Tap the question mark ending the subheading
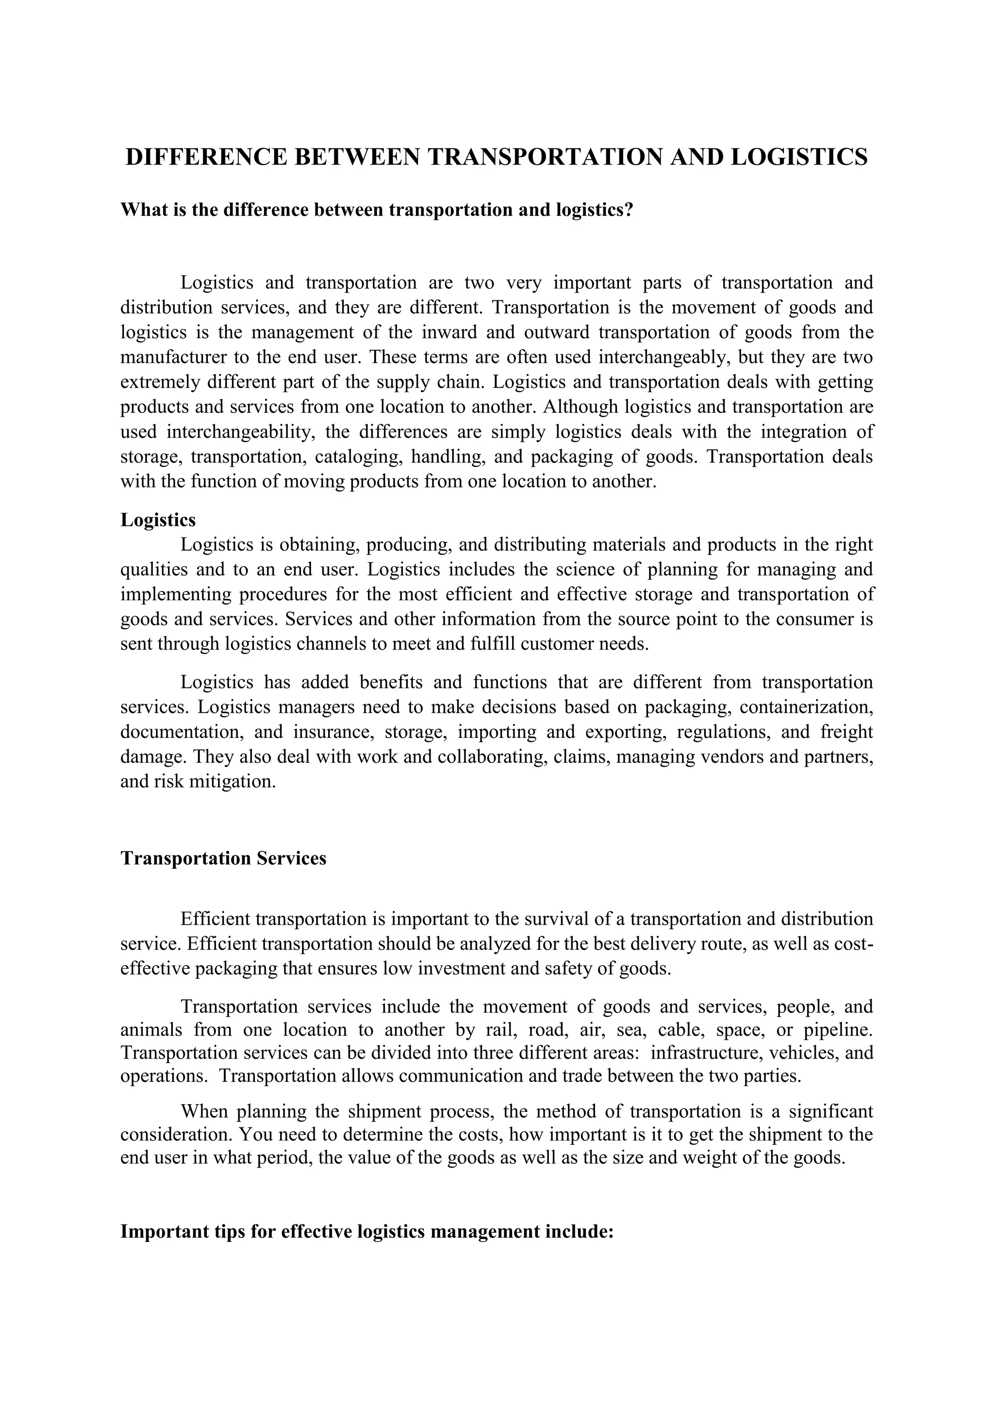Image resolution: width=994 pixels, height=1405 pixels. click(x=629, y=210)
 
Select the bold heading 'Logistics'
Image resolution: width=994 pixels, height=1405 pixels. click(x=158, y=520)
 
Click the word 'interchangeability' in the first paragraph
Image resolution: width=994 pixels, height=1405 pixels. click(x=239, y=432)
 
